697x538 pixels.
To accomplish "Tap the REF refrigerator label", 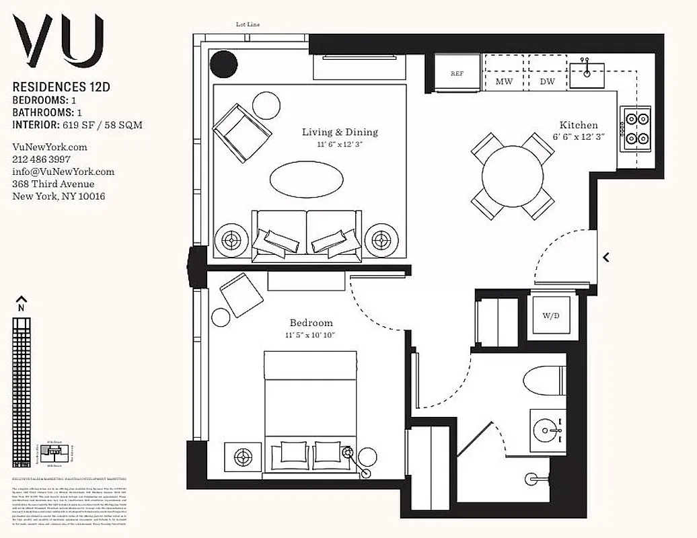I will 457,74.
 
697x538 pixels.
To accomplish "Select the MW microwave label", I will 505,81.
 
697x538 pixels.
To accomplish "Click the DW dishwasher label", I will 548,81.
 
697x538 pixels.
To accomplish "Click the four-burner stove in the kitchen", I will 634,130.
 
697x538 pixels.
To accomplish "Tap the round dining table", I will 513,176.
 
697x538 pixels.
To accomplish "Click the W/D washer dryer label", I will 551,315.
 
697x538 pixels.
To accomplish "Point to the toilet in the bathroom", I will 544,383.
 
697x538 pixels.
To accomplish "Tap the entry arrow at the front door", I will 606,257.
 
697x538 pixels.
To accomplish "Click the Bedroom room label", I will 311,323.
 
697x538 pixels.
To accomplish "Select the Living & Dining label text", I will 340,132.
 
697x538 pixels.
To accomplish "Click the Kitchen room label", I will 578,125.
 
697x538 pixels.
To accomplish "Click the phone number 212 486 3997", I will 40,159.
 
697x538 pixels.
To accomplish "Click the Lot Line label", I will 248,24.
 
